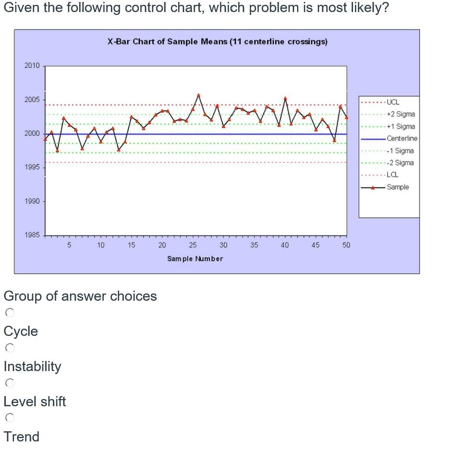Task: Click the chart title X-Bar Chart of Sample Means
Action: coord(217,41)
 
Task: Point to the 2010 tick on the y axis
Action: coord(32,66)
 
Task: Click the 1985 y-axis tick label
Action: coord(32,235)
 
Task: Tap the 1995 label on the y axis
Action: coord(32,167)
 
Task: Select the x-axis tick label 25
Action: coord(193,245)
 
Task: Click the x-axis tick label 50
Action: coord(346,245)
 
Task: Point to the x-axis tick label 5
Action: coord(69,245)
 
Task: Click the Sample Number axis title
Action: coord(195,259)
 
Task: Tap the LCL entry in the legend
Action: coord(393,175)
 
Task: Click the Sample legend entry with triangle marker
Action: coord(397,187)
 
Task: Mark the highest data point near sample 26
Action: coord(199,95)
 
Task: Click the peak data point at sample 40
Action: coord(285,98)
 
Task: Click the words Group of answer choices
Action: coord(80,296)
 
